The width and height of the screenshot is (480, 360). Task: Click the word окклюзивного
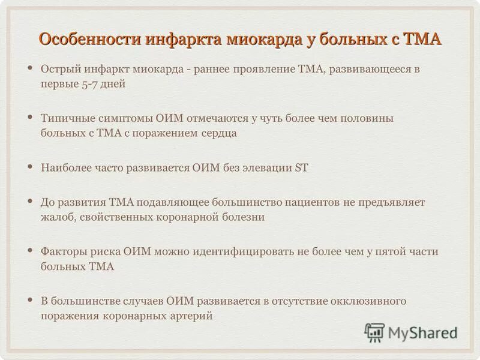click(376, 299)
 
